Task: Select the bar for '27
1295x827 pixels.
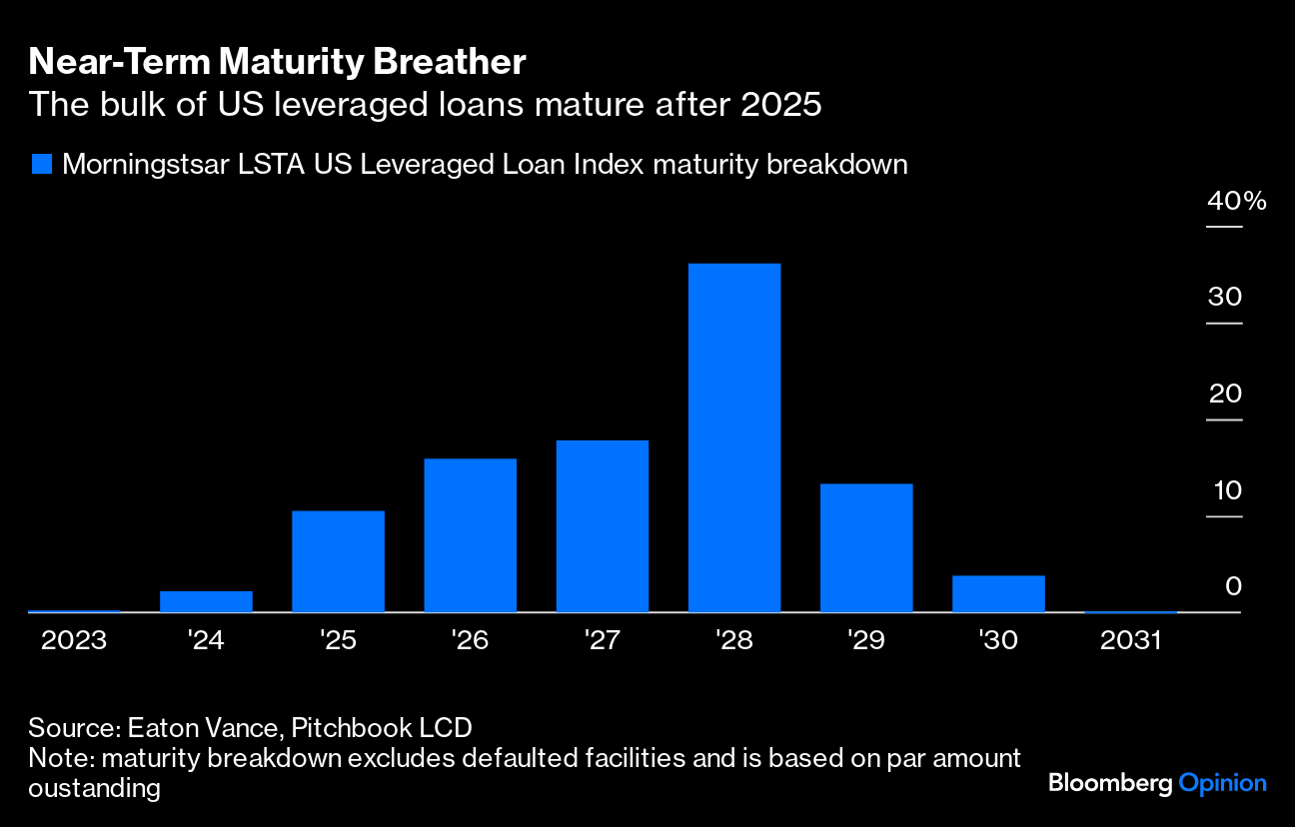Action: coord(603,526)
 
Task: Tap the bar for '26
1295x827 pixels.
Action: coord(471,535)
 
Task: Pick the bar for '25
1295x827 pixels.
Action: coord(338,561)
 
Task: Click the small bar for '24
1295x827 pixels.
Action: coord(206,601)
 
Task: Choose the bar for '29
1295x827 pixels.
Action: coord(866,548)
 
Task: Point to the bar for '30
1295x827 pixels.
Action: coord(998,593)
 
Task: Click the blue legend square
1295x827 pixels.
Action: coord(41,165)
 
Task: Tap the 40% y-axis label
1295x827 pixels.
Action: coord(1237,201)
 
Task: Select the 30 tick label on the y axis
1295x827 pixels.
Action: coord(1225,298)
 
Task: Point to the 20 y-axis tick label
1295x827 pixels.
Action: coord(1225,394)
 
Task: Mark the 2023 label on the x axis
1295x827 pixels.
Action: coord(74,640)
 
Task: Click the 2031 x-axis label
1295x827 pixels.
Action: coord(1130,640)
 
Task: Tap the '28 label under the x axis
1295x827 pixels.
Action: coord(734,640)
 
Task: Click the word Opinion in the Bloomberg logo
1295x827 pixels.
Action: coord(1222,783)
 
